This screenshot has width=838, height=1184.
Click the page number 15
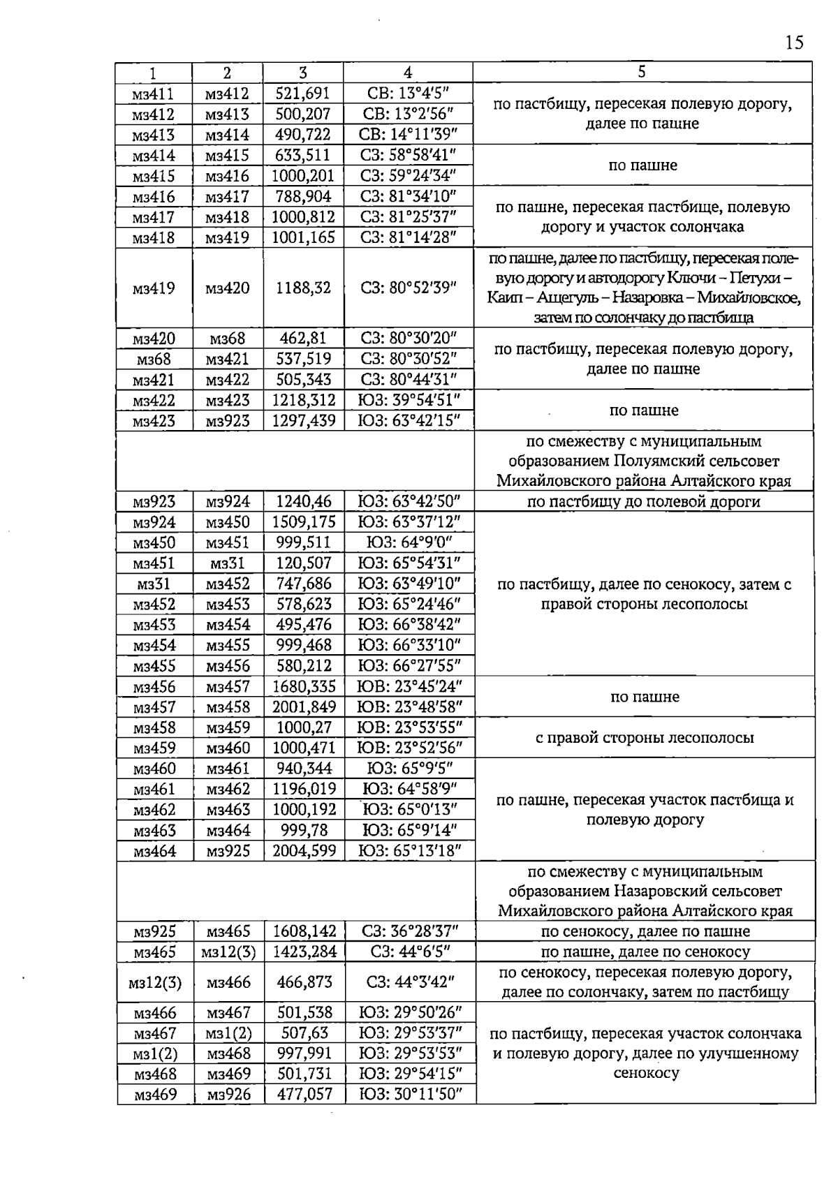tap(794, 43)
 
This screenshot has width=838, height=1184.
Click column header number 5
tap(642, 72)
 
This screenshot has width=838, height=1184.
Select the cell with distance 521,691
tap(302, 94)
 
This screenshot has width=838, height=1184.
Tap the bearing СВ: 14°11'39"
tap(408, 135)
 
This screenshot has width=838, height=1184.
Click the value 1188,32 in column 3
tap(303, 288)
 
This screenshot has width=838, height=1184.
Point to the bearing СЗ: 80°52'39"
tap(409, 288)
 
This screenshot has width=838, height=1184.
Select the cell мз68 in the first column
tap(154, 360)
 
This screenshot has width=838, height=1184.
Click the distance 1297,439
tap(304, 421)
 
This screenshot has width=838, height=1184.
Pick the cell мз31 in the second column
tap(228, 563)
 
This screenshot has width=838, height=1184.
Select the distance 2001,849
tap(304, 707)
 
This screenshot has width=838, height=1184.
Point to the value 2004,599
tap(304, 851)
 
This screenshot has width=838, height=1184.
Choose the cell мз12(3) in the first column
tap(154, 983)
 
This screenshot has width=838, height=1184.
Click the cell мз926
tap(229, 1095)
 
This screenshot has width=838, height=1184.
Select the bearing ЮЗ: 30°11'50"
tap(411, 1095)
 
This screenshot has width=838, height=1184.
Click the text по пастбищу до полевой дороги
tap(643, 502)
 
